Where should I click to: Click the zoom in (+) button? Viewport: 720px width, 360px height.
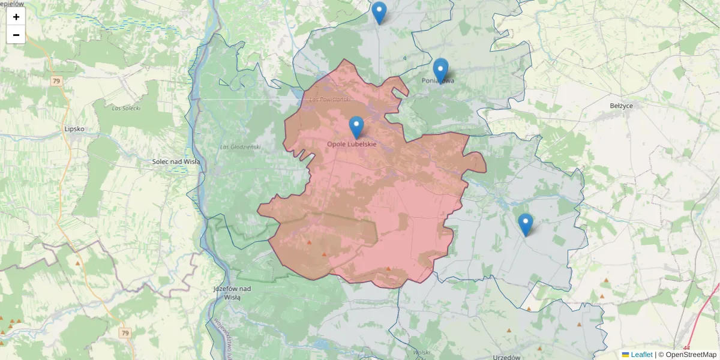coord(16,17)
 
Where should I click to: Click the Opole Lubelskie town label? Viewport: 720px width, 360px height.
coord(352,144)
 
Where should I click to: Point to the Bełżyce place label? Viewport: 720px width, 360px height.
coord(620,106)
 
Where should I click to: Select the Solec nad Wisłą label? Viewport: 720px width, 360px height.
coord(176,161)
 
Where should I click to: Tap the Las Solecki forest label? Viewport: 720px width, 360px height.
coord(126,108)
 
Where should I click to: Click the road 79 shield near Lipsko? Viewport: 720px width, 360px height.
coord(56,81)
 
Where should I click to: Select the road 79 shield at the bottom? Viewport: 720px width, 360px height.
coord(125,332)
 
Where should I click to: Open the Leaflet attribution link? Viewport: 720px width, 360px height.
coord(641,355)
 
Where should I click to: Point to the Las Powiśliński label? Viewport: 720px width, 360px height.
coord(329,98)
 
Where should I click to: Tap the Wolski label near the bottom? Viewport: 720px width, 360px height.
coord(422,352)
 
